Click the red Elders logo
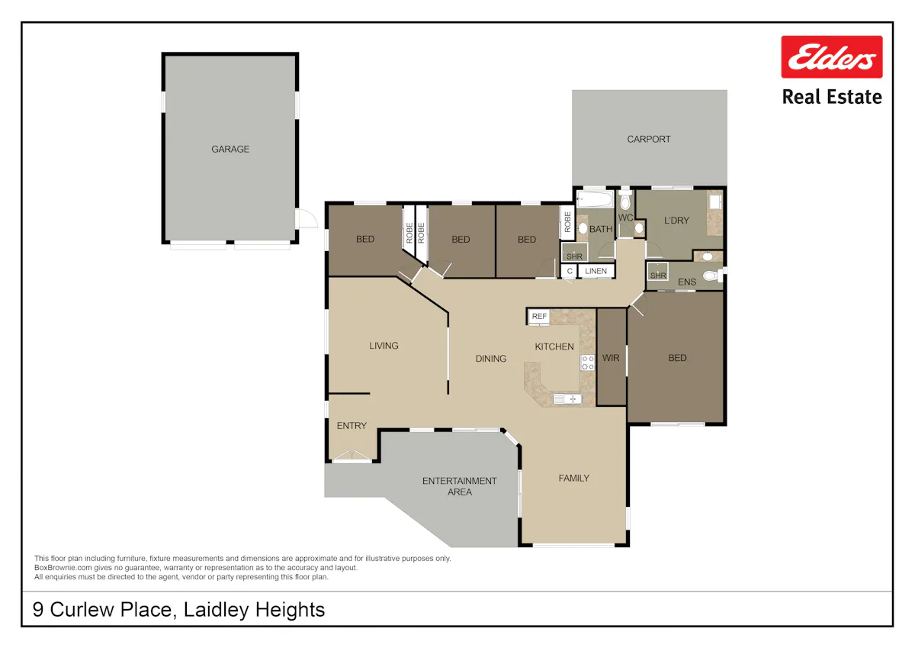pos(832,56)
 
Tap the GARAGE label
pos(230,150)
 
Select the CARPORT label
pos(649,140)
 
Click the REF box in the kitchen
pos(539,317)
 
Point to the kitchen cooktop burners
pos(587,363)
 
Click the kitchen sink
pos(567,398)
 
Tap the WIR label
pos(611,358)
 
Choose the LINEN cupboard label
pos(596,271)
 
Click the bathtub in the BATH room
pos(595,200)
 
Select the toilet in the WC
pos(625,199)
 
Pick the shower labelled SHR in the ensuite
pos(657,272)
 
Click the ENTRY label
pos(352,426)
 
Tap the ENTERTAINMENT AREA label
pos(460,486)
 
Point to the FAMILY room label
pos(574,479)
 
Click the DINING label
pos(491,359)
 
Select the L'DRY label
pos(676,221)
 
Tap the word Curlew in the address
pos(82,610)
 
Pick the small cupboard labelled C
pos(570,271)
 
